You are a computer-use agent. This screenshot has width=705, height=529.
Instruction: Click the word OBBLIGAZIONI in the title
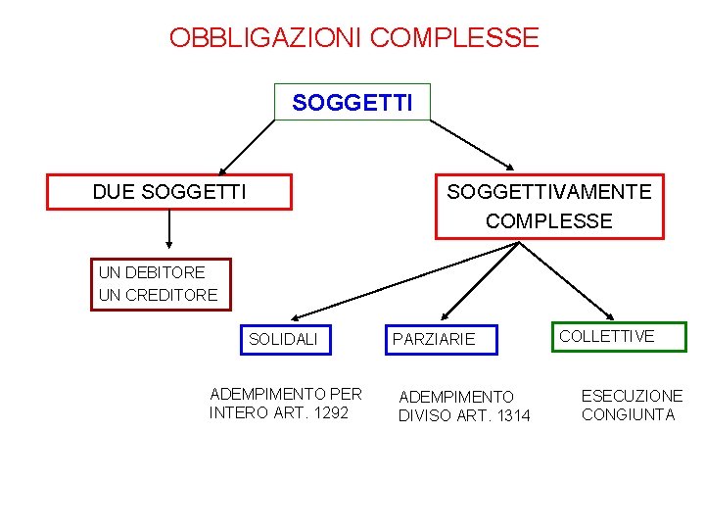tap(266, 38)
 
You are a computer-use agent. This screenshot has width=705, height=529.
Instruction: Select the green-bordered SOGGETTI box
tap(352, 102)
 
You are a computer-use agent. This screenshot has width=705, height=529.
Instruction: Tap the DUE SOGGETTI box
tap(169, 192)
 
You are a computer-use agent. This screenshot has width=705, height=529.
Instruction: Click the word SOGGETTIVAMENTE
tap(549, 191)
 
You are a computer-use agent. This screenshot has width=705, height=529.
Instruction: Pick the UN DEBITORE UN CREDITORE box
tap(159, 283)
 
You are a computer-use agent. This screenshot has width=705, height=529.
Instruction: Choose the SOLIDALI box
tap(286, 338)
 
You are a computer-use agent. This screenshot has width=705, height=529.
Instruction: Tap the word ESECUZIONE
tap(632, 396)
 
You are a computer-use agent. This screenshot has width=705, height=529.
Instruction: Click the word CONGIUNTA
tap(629, 414)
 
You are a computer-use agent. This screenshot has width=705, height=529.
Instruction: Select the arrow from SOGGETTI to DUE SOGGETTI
tap(247, 147)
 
